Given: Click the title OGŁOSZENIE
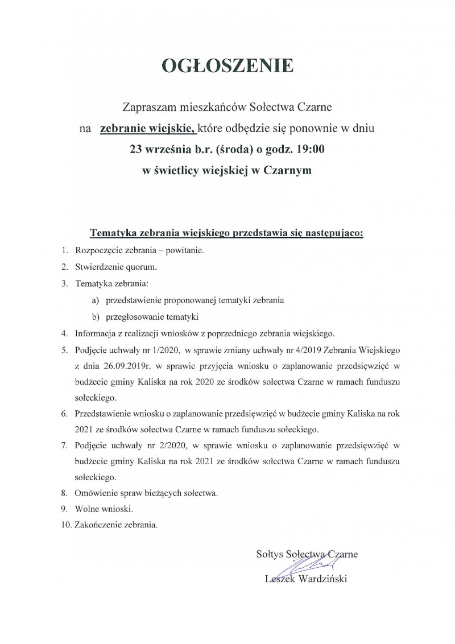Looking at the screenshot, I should [x=227, y=66].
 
